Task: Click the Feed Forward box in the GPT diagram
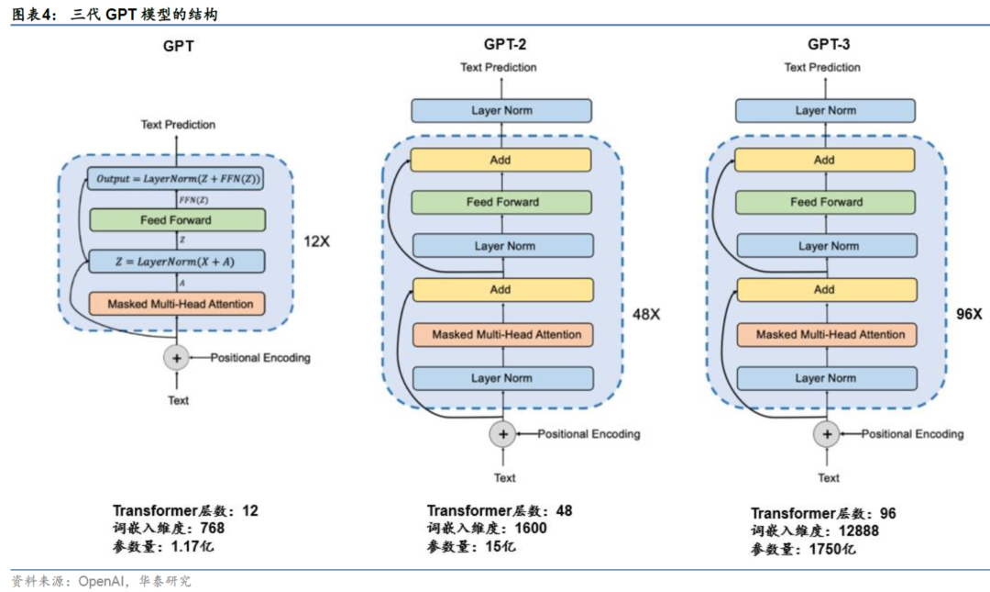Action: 178,220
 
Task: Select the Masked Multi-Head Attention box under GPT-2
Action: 503,335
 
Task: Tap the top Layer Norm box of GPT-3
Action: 825,111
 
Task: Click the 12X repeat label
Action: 317,241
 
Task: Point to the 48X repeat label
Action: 646,314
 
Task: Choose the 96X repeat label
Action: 969,314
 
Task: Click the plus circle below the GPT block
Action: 177,358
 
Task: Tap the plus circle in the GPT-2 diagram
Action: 503,434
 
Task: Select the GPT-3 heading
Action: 829,44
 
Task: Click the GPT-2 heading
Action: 505,44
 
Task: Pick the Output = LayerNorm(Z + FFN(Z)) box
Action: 175,179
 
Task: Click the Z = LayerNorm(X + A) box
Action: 177,262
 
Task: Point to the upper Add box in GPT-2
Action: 501,160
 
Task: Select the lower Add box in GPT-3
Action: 827,290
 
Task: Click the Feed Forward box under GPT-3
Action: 825,203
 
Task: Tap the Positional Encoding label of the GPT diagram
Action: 260,358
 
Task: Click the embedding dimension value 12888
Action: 859,531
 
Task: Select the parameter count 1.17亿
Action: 192,546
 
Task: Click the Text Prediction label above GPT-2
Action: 498,67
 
